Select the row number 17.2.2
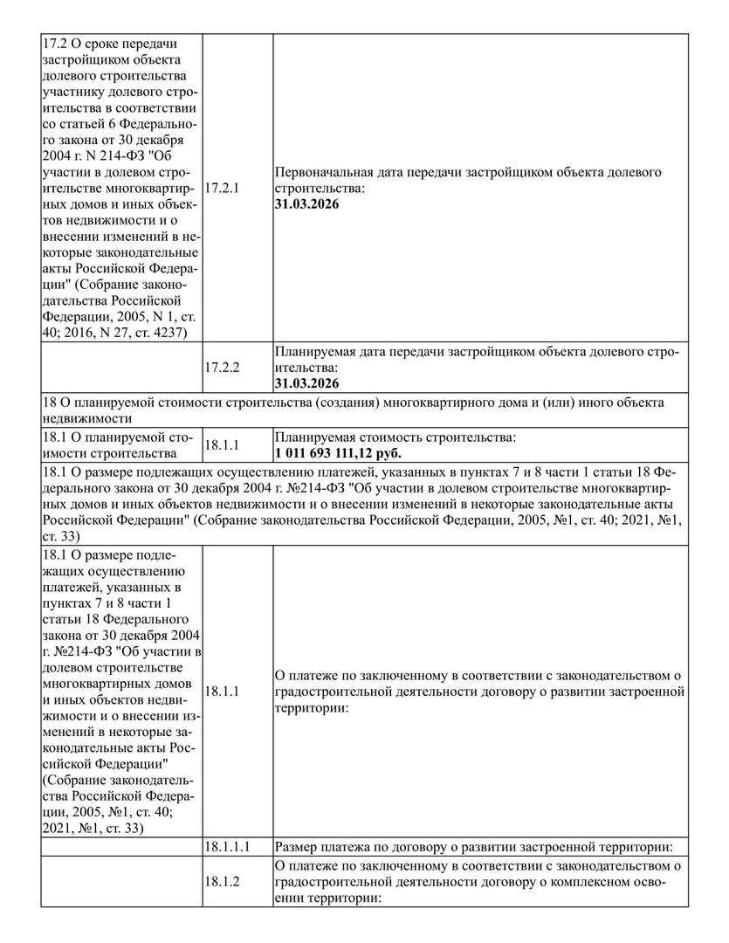[221, 368]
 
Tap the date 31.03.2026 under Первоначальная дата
[306, 204]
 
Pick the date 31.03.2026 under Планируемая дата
[306, 383]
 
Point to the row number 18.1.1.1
[228, 847]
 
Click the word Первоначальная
[320, 173]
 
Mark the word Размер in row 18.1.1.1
[298, 847]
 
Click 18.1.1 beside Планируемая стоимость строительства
[221, 445]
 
